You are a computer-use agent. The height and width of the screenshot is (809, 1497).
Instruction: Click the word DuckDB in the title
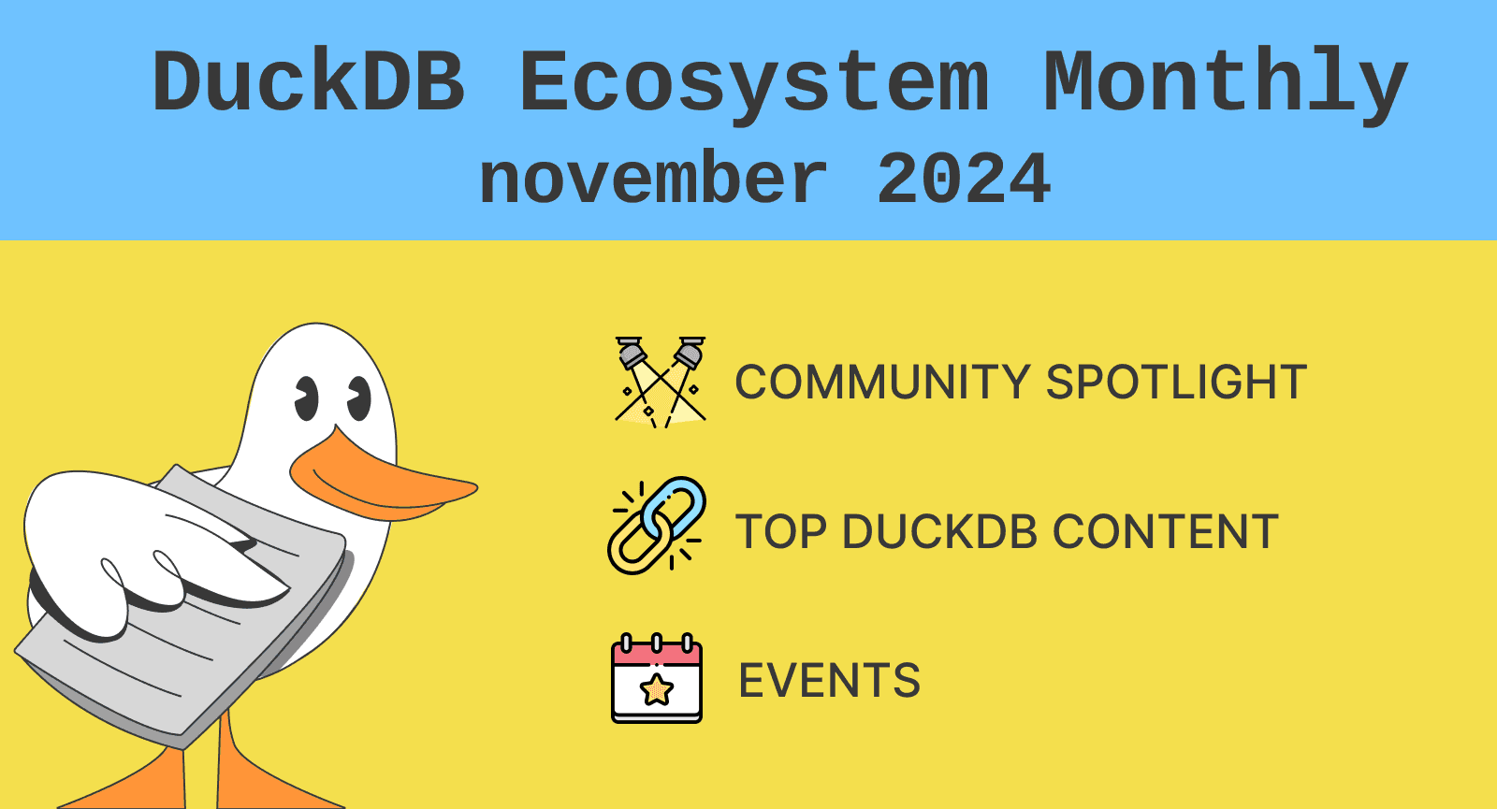click(308, 80)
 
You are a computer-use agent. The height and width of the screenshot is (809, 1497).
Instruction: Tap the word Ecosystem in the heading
click(754, 85)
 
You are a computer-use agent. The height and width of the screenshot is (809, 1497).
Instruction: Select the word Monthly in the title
click(1227, 85)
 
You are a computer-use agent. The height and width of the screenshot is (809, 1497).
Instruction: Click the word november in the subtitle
click(654, 178)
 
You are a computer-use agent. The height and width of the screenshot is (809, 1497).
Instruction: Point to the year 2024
click(963, 178)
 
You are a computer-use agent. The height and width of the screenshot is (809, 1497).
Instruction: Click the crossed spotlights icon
click(661, 383)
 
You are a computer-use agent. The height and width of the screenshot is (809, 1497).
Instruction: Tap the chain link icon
click(657, 525)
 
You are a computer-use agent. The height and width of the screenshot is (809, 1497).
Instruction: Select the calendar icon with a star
click(657, 678)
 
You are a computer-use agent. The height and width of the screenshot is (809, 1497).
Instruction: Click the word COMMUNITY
click(883, 383)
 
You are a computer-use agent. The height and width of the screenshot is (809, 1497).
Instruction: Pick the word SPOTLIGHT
click(1176, 383)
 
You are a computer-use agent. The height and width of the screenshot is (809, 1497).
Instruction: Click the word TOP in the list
click(780, 532)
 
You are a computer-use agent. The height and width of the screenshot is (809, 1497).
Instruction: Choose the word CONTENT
click(1166, 532)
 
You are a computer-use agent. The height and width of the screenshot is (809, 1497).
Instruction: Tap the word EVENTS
click(829, 680)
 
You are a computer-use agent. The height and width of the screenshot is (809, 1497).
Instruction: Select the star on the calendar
click(657, 689)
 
